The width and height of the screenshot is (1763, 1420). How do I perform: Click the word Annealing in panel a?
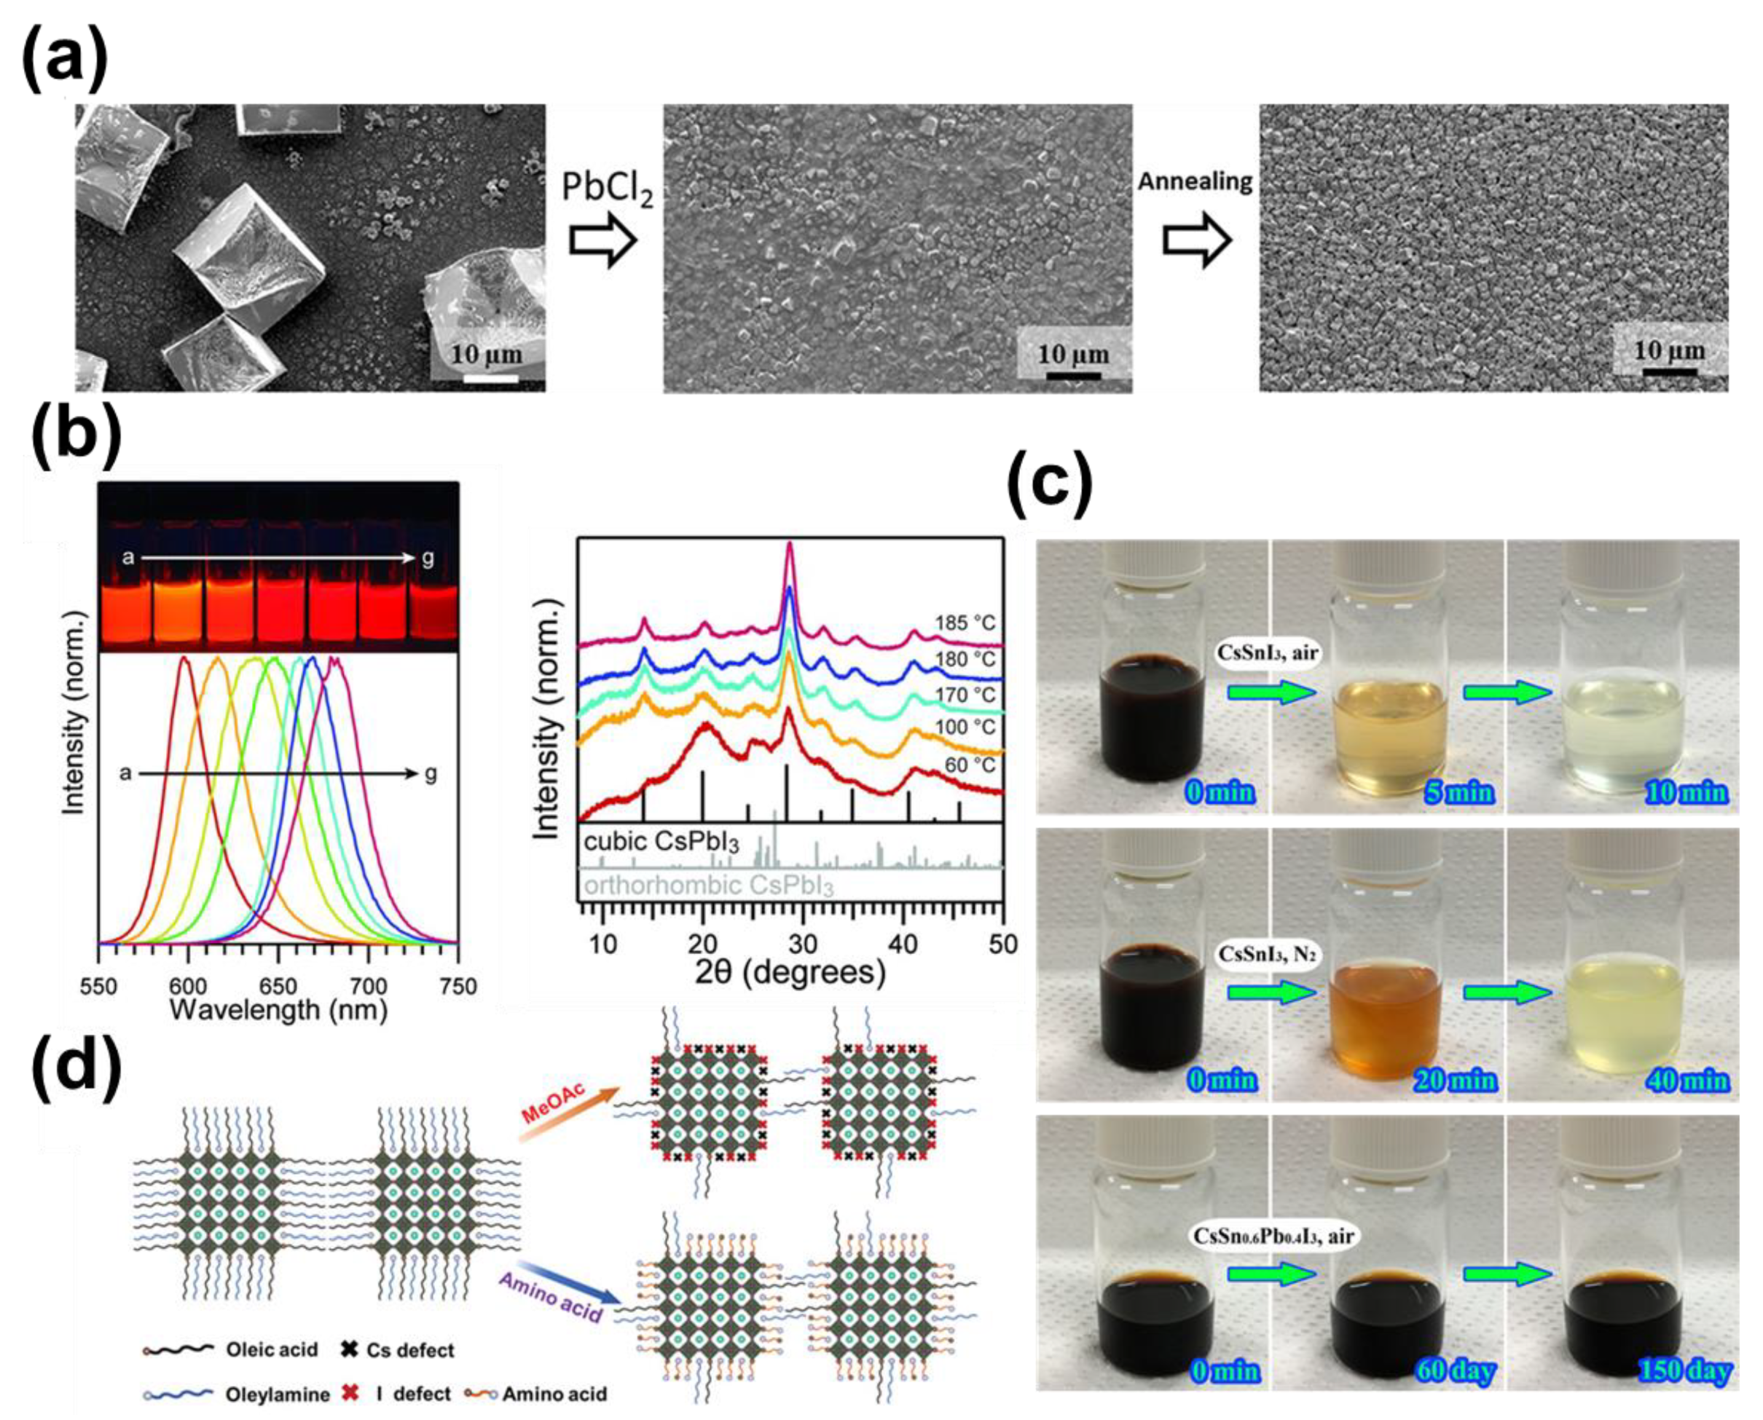1195,181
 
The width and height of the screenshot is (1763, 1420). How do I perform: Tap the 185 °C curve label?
965,623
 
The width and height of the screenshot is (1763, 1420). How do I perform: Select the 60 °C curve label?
970,765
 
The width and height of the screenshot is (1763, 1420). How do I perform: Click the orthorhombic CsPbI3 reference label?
708,885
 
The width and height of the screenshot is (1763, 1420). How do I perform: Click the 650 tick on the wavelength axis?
278,987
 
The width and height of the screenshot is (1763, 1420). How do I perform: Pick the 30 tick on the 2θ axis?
803,944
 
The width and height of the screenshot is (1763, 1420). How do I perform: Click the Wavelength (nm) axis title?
278,1010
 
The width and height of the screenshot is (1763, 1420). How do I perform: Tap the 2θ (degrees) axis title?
790,973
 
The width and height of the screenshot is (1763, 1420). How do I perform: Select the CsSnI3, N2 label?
1265,954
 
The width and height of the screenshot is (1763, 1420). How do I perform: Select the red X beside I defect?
350,1393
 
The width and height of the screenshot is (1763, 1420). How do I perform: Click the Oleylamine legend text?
278,1394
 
